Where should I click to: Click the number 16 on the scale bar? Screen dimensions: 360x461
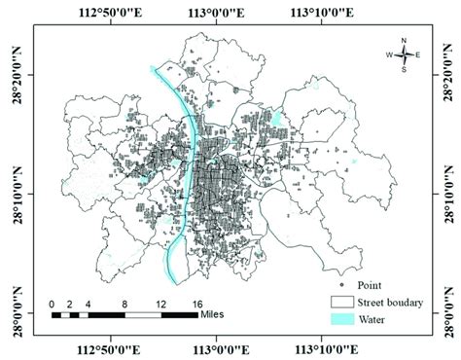[195, 304]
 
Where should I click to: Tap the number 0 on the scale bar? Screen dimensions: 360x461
[53, 304]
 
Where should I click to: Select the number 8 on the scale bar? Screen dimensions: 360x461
[124, 304]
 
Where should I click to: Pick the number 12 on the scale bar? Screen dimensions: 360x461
[159, 304]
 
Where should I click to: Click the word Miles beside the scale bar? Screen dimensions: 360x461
[216, 314]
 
